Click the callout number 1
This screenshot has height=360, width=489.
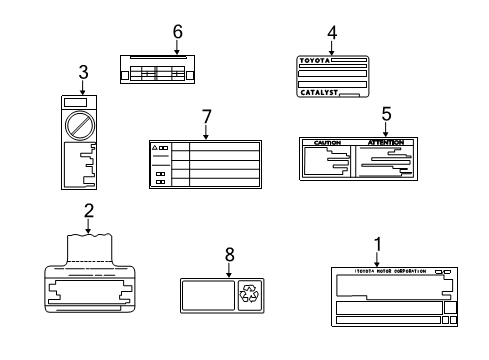[377, 242]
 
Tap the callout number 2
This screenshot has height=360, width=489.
[89, 210]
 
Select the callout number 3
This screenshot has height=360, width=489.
[83, 71]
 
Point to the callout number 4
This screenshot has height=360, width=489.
[332, 31]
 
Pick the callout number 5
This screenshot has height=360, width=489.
[385, 113]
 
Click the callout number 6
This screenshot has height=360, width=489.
[177, 31]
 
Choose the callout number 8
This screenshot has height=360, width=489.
[229, 254]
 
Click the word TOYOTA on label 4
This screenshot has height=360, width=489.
[315, 61]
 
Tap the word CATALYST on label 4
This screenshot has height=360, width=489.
[319, 92]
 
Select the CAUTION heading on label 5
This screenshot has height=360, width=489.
[327, 143]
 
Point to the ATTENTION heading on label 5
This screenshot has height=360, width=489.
[385, 143]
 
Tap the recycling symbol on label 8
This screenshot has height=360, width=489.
[248, 293]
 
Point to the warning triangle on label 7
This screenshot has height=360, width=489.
[155, 147]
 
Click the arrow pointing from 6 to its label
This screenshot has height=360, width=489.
[177, 46]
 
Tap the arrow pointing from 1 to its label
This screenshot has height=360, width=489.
[377, 257]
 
